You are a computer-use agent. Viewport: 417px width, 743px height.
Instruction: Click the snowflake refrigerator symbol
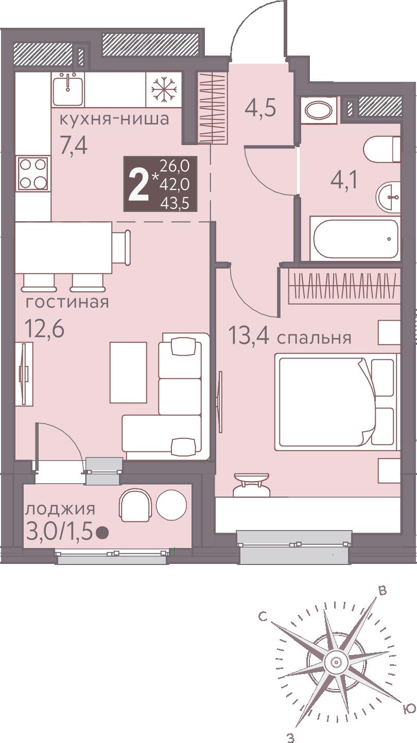[164, 90]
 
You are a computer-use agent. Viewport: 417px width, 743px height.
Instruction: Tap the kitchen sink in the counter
[68, 90]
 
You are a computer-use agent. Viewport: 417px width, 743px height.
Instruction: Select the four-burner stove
[33, 173]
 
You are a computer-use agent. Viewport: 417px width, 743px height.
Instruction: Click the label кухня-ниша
[114, 119]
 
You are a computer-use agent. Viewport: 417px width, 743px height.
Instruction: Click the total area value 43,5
[175, 203]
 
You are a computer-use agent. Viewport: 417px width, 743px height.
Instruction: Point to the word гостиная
[67, 302]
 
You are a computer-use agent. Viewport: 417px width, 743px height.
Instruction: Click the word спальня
[314, 338]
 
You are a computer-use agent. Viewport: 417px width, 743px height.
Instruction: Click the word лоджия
[61, 508]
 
